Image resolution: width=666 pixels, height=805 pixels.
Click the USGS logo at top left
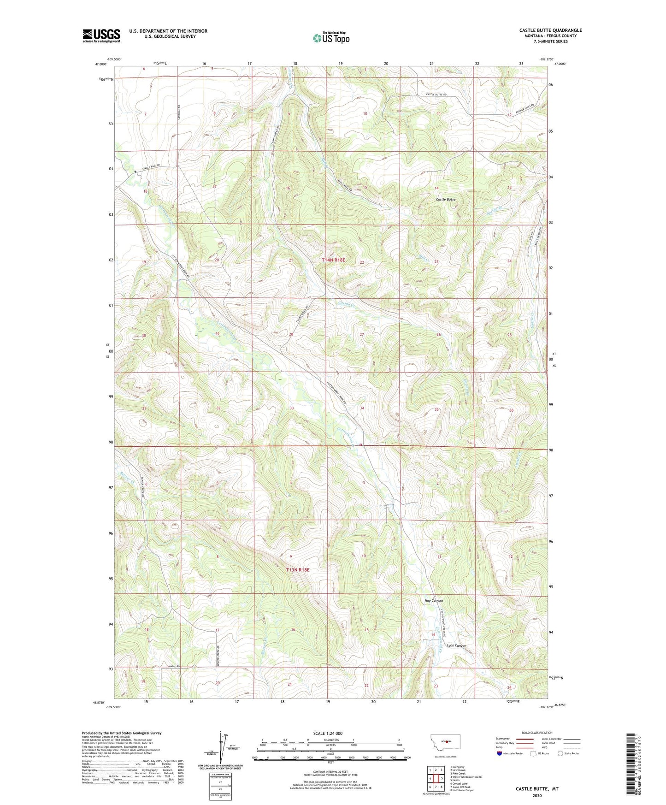pos(101,35)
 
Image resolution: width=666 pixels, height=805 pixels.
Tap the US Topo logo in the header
pos(331,38)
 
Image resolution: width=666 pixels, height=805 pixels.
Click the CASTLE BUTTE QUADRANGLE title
pos(550,30)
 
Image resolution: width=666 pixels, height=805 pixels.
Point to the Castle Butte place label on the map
pos(446,200)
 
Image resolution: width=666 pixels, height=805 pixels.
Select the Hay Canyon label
pos(434,601)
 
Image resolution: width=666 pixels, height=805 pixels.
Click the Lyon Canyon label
pos(456,645)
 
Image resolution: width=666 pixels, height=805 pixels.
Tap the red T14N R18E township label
pos(333,260)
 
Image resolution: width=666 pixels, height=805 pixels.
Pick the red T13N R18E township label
pos(298,570)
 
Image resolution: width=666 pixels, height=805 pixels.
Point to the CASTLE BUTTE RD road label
pos(436,94)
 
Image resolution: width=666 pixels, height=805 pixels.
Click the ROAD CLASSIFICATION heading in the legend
pos(537,733)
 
